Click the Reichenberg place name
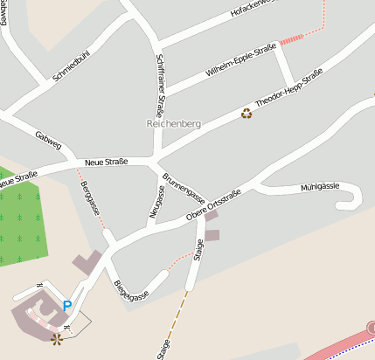pos(173,124)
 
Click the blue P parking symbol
pos(67,306)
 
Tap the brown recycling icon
pos(247,113)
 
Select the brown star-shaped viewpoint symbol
pos(58,336)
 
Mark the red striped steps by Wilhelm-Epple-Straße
pos(292,38)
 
